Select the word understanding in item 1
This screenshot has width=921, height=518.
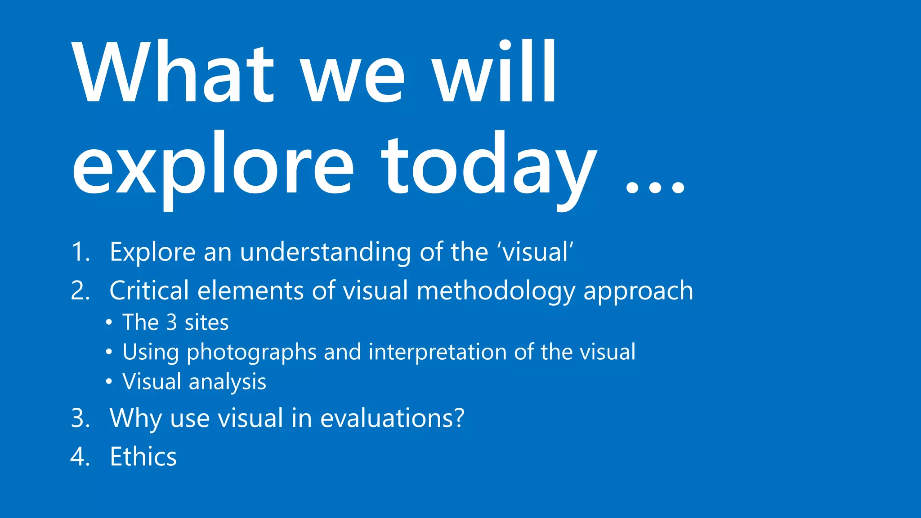(x=325, y=252)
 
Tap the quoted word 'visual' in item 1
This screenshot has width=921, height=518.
(x=535, y=252)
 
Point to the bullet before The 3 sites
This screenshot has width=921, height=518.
(x=109, y=323)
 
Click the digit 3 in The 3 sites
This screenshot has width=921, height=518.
(x=171, y=322)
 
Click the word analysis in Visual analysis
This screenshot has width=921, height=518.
(x=227, y=382)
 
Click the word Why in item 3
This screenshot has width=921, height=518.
(x=135, y=419)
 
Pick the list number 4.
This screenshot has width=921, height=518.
(x=80, y=457)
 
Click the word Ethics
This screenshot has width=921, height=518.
(x=143, y=457)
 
